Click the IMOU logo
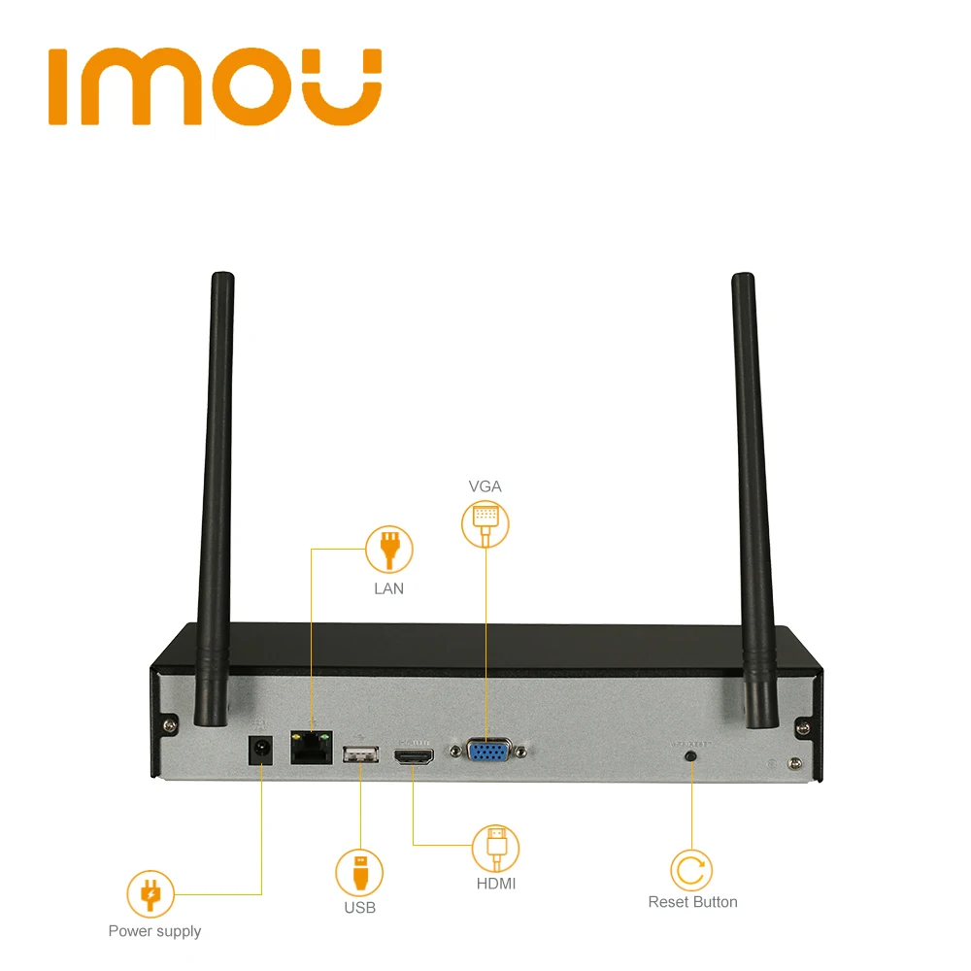pyautogui.click(x=215, y=88)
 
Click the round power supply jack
pyautogui.click(x=260, y=751)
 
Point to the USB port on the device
pyautogui.click(x=359, y=753)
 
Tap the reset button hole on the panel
pyautogui.click(x=691, y=754)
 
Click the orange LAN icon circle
pyautogui.click(x=389, y=550)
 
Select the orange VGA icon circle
pyautogui.click(x=485, y=522)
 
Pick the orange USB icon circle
pyautogui.click(x=359, y=872)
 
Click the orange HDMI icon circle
pyautogui.click(x=496, y=848)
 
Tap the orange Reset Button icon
pyautogui.click(x=692, y=870)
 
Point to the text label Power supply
pyautogui.click(x=154, y=931)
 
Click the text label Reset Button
pyautogui.click(x=692, y=902)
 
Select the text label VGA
pyautogui.click(x=485, y=486)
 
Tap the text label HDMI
pyautogui.click(x=496, y=884)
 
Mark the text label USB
pyautogui.click(x=359, y=908)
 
